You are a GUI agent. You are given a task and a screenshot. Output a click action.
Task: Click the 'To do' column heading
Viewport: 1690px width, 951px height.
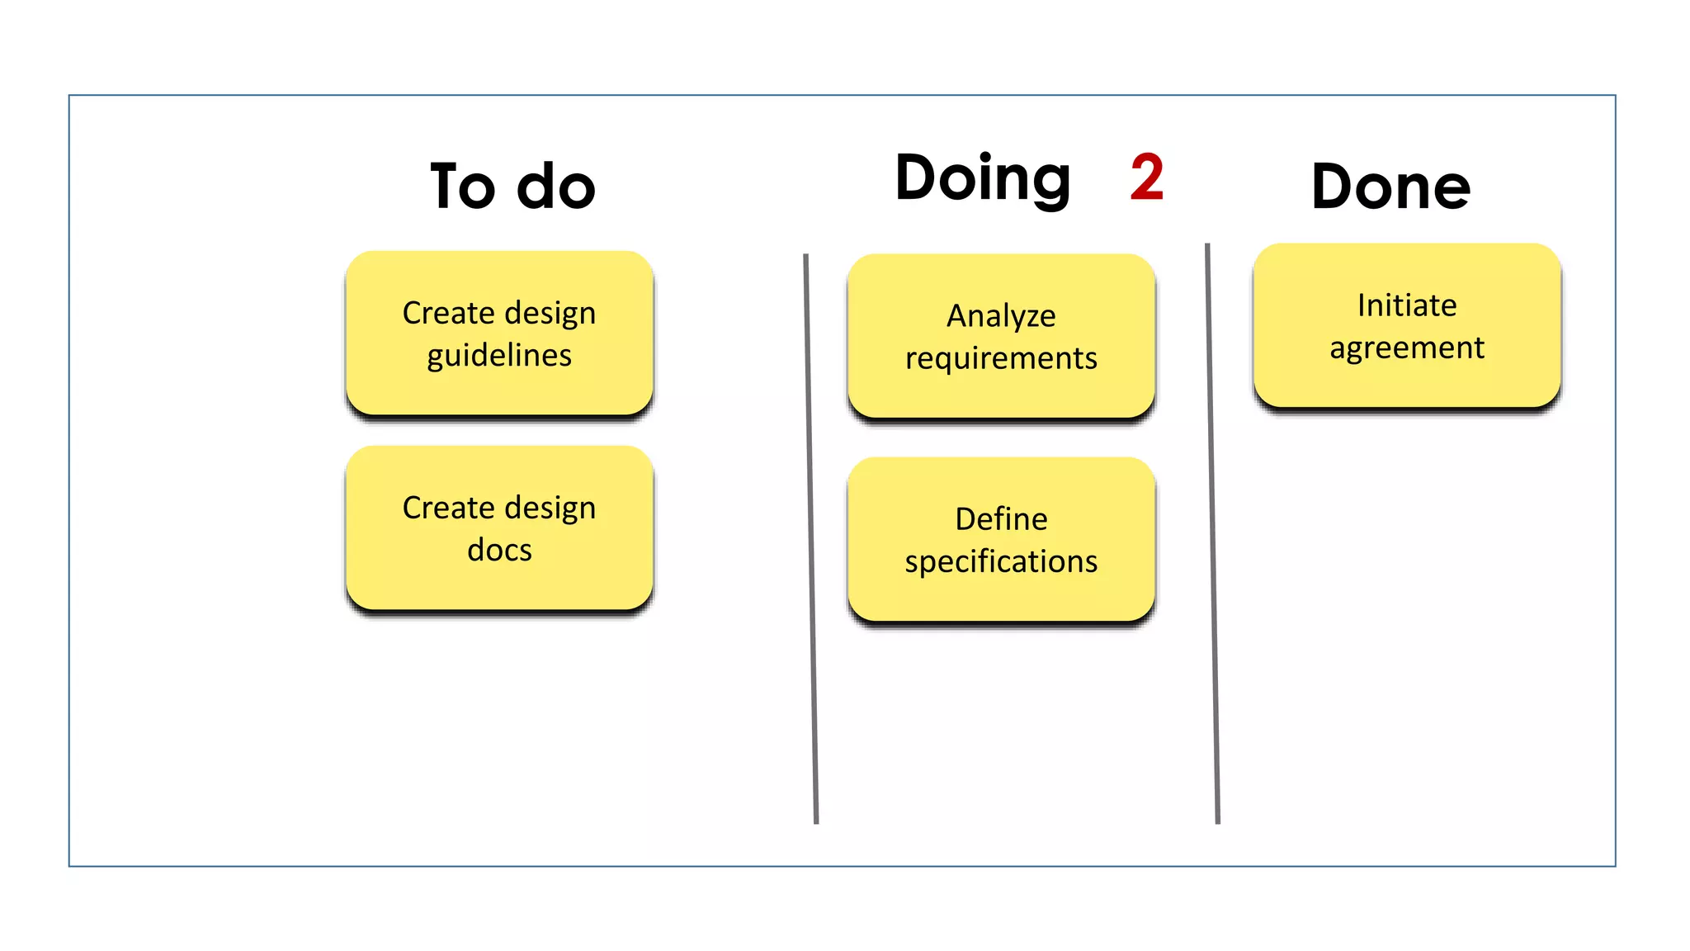point(512,187)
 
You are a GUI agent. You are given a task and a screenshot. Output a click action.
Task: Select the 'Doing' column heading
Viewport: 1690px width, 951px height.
point(983,178)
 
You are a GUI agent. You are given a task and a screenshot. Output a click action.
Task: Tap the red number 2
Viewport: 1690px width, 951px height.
point(1146,177)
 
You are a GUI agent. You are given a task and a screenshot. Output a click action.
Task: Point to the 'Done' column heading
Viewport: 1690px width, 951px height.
point(1390,187)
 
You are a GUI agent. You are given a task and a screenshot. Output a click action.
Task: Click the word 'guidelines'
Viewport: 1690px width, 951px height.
point(499,356)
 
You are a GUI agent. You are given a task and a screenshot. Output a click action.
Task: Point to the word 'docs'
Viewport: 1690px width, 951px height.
point(499,550)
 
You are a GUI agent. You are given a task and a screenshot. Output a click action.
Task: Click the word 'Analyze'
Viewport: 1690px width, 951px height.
point(1001,316)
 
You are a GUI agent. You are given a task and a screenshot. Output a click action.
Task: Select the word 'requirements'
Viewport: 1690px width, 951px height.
point(1001,359)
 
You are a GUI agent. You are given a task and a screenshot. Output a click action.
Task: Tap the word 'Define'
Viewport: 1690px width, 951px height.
point(1001,519)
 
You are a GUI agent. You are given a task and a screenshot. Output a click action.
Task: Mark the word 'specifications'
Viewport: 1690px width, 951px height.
point(1001,562)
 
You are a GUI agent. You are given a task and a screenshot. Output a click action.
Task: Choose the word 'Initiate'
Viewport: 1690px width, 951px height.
point(1407,305)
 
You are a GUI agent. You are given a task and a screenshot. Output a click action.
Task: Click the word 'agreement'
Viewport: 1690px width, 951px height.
point(1407,348)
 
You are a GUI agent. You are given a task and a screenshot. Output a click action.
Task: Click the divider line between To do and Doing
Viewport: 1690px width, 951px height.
point(811,537)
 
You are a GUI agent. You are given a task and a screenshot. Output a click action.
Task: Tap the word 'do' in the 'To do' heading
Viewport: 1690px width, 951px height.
point(555,187)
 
